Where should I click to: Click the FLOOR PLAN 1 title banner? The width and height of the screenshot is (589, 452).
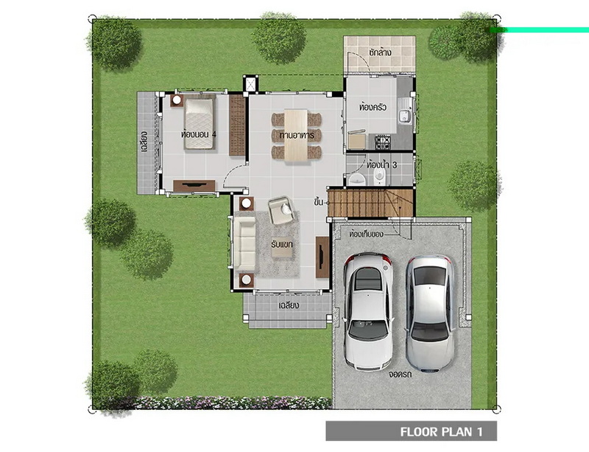click(x=411, y=431)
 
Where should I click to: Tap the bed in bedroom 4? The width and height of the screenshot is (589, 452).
click(x=199, y=124)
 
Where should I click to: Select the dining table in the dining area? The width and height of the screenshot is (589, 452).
click(x=297, y=136)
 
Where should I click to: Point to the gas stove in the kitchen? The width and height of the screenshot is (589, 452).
click(x=383, y=142)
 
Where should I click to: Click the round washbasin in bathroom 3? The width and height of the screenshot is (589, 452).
click(x=356, y=179)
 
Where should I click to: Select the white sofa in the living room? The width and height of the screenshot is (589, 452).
click(x=244, y=244)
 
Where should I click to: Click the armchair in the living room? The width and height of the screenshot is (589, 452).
click(x=281, y=210)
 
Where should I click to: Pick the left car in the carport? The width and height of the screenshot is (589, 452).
click(x=368, y=311)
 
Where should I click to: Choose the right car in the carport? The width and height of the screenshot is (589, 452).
click(x=430, y=313)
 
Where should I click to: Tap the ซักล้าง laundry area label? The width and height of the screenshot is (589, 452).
click(x=380, y=52)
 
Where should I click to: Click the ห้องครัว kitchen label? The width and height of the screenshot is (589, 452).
click(x=373, y=107)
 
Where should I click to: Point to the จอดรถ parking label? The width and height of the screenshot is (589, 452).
click(x=401, y=375)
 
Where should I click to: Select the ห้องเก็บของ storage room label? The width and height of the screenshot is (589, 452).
click(x=366, y=234)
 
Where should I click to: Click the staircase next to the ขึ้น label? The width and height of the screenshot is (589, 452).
click(x=370, y=204)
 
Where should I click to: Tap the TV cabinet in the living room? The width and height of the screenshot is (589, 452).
click(x=322, y=257)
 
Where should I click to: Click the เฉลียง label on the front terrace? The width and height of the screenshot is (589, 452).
click(x=289, y=305)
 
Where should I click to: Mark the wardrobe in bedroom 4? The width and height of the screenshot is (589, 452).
click(x=237, y=125)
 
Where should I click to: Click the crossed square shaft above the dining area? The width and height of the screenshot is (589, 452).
click(x=250, y=83)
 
